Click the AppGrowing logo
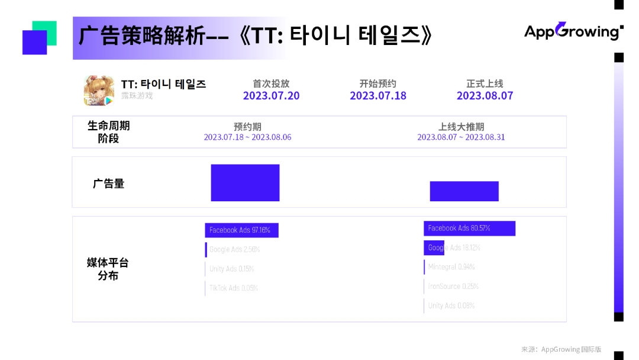click(x=573, y=31)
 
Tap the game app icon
click(x=99, y=91)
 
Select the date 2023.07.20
click(x=271, y=96)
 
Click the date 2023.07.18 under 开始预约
click(x=378, y=96)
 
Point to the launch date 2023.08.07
click(x=485, y=96)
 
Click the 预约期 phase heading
click(x=247, y=127)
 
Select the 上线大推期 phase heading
click(x=461, y=127)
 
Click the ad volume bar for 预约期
click(x=245, y=183)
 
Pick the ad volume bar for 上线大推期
click(x=464, y=191)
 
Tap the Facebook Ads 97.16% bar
click(x=241, y=230)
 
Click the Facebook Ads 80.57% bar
click(x=469, y=229)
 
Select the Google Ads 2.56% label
click(x=234, y=250)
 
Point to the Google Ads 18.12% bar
click(x=434, y=248)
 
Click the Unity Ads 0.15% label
click(x=231, y=269)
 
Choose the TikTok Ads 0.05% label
click(x=233, y=288)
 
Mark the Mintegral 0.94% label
click(x=451, y=267)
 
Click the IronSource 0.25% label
click(x=453, y=287)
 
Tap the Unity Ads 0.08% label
click(x=451, y=306)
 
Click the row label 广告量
click(x=108, y=184)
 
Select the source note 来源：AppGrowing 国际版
click(x=561, y=349)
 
